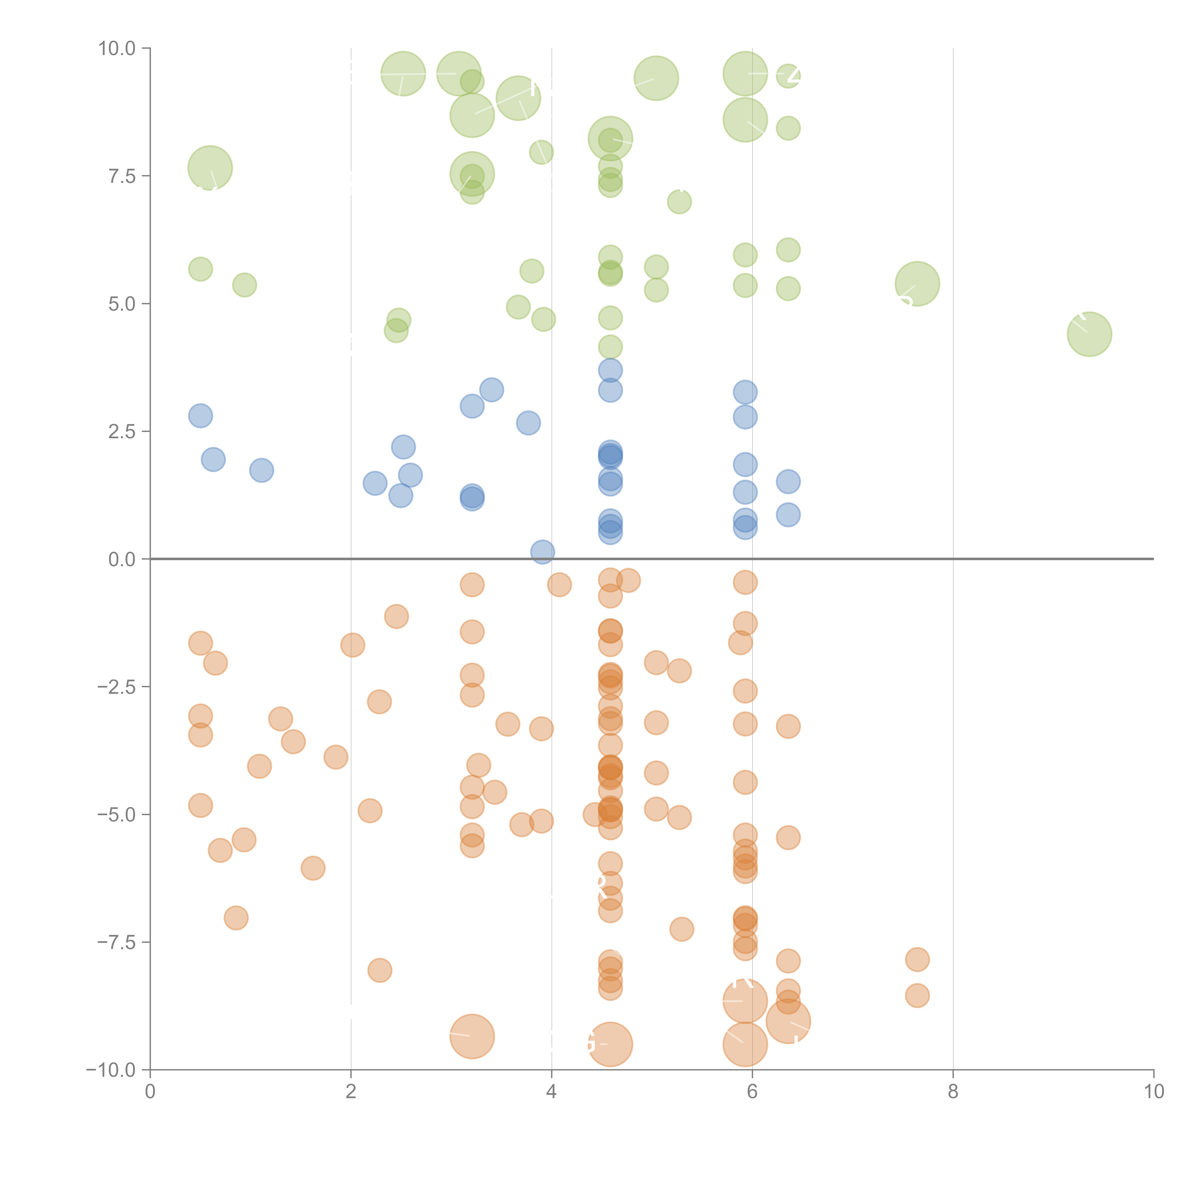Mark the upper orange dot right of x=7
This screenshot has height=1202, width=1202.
point(917,959)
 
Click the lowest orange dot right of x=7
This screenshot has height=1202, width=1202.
point(917,995)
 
